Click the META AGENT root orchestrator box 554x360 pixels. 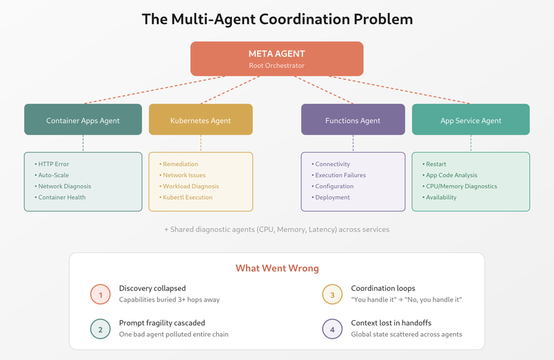pyautogui.click(x=277, y=59)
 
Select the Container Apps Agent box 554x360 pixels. pyautogui.click(x=83, y=120)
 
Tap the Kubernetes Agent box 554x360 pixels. pyautogui.click(x=201, y=120)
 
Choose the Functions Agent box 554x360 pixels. pyautogui.click(x=353, y=120)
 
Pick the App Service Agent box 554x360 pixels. pyautogui.click(x=470, y=120)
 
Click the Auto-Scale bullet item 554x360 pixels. pyautogui.click(x=53, y=175)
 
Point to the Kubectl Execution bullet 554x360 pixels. pyautogui.click(x=187, y=197)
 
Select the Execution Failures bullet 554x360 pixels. pyautogui.click(x=340, y=175)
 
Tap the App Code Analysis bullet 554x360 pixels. pyautogui.click(x=452, y=175)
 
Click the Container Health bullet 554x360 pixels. pyautogui.click(x=62, y=197)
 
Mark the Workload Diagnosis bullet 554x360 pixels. pyautogui.click(x=191, y=186)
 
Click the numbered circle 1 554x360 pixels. pyautogui.click(x=100, y=294)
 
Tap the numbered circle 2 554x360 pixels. pyautogui.click(x=100, y=329)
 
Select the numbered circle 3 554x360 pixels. pyautogui.click(x=333, y=294)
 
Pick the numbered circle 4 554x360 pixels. pyautogui.click(x=333, y=329)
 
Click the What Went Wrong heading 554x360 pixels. pyautogui.click(x=277, y=268)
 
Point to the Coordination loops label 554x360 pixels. pyautogui.click(x=383, y=288)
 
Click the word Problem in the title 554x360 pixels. pyautogui.click(x=380, y=19)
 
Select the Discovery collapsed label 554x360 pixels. pyautogui.click(x=152, y=288)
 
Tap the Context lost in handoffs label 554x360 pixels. pyautogui.click(x=392, y=323)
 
